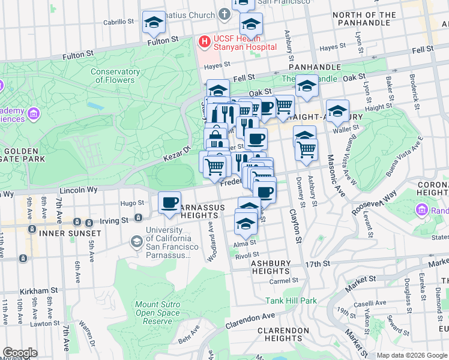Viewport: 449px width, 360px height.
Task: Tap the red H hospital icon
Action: tap(204, 41)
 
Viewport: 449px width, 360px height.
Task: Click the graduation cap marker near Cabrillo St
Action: tap(154, 23)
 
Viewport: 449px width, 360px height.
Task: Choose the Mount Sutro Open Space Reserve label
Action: tap(157, 313)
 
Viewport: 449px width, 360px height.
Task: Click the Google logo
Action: tap(20, 353)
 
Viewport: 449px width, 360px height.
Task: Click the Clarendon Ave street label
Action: tap(250, 321)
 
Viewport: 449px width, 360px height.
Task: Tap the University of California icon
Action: tap(136, 241)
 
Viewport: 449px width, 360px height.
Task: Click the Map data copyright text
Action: tap(411, 355)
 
